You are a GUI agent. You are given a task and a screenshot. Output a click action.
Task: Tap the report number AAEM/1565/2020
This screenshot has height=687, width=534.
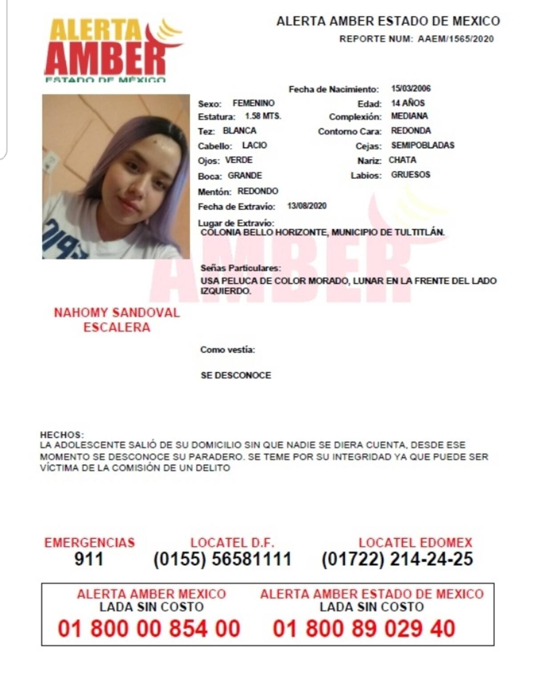pyautogui.click(x=456, y=39)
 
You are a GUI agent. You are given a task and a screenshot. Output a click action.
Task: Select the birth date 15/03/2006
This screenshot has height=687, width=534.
pyautogui.click(x=411, y=88)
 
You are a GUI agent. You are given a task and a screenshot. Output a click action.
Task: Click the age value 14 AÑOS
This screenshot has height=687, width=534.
pyautogui.click(x=408, y=103)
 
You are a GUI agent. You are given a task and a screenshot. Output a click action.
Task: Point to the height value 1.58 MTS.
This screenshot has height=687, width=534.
pyautogui.click(x=263, y=117)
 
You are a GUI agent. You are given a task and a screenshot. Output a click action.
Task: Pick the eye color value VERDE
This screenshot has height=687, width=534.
pyautogui.click(x=239, y=160)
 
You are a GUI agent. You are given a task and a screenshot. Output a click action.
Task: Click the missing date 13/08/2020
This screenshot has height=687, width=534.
pyautogui.click(x=307, y=206)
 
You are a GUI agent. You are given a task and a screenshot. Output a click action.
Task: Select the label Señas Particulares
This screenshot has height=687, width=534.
pyautogui.click(x=240, y=268)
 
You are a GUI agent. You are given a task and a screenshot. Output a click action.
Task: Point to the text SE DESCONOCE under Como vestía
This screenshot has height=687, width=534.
pyautogui.click(x=236, y=375)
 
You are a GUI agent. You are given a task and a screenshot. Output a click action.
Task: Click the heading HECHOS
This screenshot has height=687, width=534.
pyautogui.click(x=61, y=434)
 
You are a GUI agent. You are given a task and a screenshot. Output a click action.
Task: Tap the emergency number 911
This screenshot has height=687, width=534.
pyautogui.click(x=89, y=559)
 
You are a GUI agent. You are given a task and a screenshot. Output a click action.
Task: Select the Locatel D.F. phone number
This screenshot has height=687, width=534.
pyautogui.click(x=222, y=559)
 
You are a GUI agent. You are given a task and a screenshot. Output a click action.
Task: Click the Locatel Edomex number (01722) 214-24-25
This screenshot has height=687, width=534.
pyautogui.click(x=397, y=559)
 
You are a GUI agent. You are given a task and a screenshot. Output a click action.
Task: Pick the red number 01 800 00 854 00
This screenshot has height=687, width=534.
pyautogui.click(x=149, y=628)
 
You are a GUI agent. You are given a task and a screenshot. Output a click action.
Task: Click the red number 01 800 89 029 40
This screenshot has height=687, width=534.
pyautogui.click(x=364, y=628)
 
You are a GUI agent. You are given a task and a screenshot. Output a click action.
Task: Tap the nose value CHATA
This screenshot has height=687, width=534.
pyautogui.click(x=402, y=160)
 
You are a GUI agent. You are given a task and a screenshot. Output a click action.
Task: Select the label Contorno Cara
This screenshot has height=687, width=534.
pyautogui.click(x=349, y=132)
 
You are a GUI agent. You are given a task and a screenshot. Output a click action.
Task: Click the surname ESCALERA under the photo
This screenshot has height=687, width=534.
pyautogui.click(x=117, y=327)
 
